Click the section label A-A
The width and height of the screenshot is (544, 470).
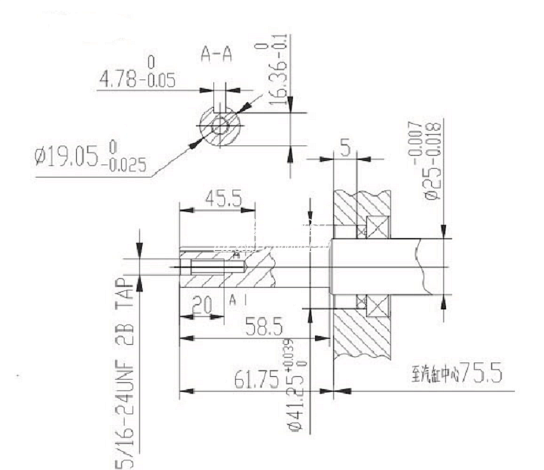point(217,54)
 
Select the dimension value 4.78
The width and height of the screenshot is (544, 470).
point(123,81)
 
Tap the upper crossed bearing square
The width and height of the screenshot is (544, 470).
point(375,226)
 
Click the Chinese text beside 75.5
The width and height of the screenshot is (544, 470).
point(435,375)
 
